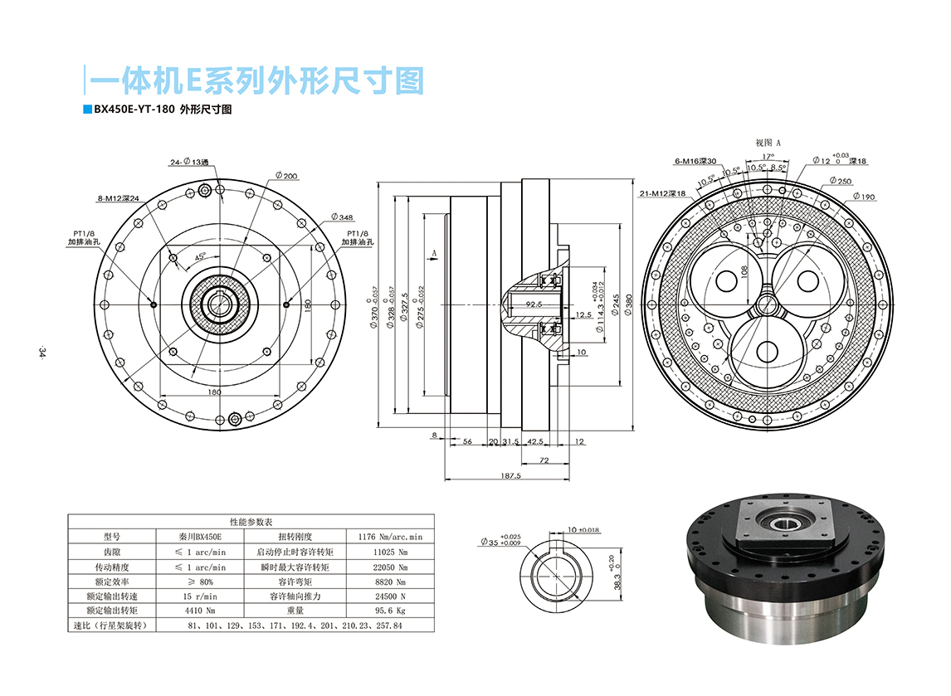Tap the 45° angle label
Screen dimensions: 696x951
point(200,257)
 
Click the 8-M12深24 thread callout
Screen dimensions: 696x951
point(118,199)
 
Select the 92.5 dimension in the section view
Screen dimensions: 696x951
point(534,304)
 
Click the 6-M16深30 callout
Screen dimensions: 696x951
point(695,162)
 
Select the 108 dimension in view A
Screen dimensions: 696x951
point(744,271)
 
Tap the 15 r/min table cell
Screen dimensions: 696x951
point(200,596)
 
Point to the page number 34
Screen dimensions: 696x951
point(40,353)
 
